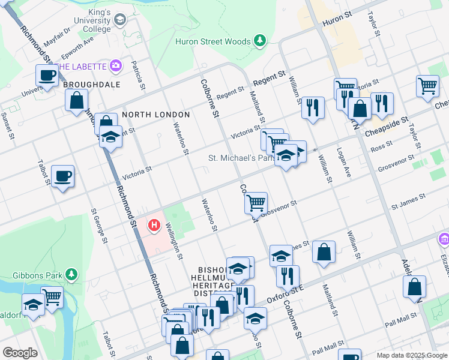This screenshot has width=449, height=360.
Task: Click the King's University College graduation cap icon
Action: pyautogui.click(x=119, y=20)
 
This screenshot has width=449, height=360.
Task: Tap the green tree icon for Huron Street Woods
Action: pyautogui.click(x=259, y=41)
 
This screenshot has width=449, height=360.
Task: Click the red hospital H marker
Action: pyautogui.click(x=154, y=226)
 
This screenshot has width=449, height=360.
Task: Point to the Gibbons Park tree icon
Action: pyautogui.click(x=71, y=274)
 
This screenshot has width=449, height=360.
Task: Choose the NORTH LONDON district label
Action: pyautogui.click(x=156, y=115)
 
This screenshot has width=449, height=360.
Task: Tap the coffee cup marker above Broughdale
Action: pyautogui.click(x=47, y=76)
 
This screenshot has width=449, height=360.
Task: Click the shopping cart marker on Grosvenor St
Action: pyautogui.click(x=256, y=202)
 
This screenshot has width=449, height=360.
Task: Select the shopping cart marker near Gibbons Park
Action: pyautogui.click(x=52, y=296)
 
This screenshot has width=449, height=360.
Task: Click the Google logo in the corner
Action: pyautogui.click(x=20, y=353)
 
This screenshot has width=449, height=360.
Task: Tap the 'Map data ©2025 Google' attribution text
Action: pyautogui.click(x=411, y=355)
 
